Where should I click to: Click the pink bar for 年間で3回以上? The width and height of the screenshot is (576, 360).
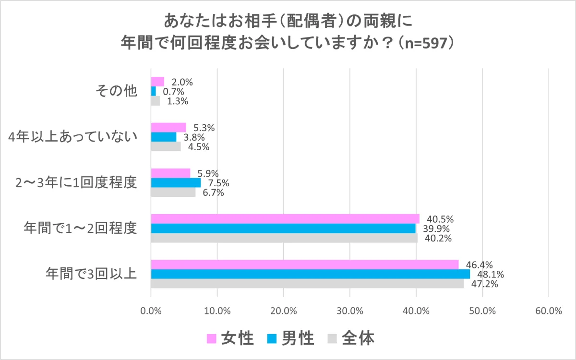tap(304, 264)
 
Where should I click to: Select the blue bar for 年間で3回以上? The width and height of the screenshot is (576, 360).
tap(310, 274)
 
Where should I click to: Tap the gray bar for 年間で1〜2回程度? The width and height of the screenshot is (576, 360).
tap(284, 238)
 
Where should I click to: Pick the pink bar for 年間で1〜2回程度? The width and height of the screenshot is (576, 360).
tap(285, 219)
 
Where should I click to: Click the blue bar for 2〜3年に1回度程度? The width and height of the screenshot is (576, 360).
tap(176, 182)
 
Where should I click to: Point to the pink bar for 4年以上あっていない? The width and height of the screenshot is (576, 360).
tap(168, 127)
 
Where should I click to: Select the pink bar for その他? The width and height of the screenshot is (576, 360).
tap(157, 82)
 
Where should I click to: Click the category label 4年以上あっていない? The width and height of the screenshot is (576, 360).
tap(74, 137)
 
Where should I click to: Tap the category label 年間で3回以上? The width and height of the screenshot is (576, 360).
tap(92, 274)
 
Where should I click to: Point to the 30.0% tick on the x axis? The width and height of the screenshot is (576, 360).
tap(349, 310)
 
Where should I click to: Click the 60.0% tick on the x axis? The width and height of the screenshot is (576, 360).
tap(548, 310)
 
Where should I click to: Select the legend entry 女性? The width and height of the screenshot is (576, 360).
tap(230, 339)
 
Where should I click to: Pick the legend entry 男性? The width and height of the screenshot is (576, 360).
tap(290, 339)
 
